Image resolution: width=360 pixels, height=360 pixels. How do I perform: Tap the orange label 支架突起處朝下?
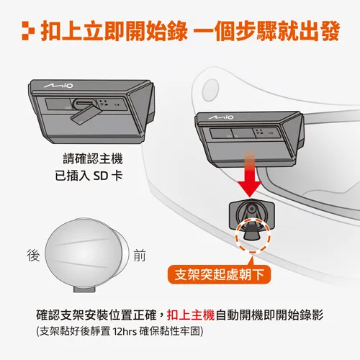[219, 274]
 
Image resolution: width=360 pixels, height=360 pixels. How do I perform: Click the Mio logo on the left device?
[58, 85]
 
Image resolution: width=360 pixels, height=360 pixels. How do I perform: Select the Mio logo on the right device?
[221, 117]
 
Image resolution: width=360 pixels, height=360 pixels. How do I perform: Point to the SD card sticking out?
[85, 114]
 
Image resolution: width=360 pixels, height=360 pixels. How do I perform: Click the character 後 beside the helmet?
[33, 255]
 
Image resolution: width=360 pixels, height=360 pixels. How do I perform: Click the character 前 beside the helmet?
[140, 255]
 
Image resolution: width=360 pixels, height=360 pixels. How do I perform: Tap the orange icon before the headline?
[28, 31]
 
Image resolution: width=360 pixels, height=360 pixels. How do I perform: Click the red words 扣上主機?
[191, 315]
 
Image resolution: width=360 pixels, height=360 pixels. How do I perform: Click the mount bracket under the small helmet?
[84, 289]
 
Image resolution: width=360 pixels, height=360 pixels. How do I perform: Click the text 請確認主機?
[93, 159]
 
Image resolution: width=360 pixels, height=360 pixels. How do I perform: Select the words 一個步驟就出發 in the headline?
[266, 31]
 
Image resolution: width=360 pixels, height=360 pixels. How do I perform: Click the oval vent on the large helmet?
[210, 90]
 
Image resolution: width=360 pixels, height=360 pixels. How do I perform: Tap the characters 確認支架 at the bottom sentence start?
[60, 315]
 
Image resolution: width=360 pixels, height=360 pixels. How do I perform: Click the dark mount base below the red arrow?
[252, 214]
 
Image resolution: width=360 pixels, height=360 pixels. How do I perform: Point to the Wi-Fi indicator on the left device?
[102, 105]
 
